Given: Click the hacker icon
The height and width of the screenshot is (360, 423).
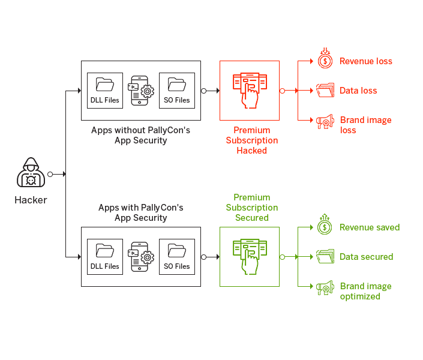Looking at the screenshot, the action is click(31, 172).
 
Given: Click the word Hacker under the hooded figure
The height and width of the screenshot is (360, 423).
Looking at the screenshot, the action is click(31, 200).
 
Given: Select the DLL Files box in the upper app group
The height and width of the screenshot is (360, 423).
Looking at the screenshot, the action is click(105, 91).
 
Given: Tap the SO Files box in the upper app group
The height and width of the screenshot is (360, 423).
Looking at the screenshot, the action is click(177, 91).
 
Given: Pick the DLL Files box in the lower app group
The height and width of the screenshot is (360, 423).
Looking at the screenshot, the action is click(105, 257).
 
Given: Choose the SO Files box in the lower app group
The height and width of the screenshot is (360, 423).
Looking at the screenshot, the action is click(177, 257).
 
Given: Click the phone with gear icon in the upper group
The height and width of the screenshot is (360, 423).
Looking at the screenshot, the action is click(141, 91).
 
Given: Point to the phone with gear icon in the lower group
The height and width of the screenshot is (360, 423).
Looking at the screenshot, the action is click(141, 257).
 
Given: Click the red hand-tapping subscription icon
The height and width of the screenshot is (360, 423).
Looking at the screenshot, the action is click(250, 91).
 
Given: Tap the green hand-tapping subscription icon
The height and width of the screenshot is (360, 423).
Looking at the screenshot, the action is click(250, 257).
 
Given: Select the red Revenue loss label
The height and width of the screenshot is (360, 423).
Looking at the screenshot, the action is click(366, 61).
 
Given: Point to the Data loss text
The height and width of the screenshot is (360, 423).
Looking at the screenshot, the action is click(358, 91).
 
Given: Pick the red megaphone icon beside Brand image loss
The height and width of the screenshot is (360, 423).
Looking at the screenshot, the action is click(325, 122).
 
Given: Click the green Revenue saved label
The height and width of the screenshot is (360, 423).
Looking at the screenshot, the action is click(370, 227).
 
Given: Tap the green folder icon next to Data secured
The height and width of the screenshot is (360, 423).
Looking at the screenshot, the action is click(325, 256).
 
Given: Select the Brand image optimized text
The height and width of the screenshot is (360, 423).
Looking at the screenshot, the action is click(366, 291).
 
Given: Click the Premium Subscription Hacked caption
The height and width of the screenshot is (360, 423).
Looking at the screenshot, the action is click(252, 140).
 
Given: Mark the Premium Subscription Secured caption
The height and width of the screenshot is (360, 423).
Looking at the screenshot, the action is click(252, 208).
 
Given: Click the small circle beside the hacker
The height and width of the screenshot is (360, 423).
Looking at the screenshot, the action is click(50, 175).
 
